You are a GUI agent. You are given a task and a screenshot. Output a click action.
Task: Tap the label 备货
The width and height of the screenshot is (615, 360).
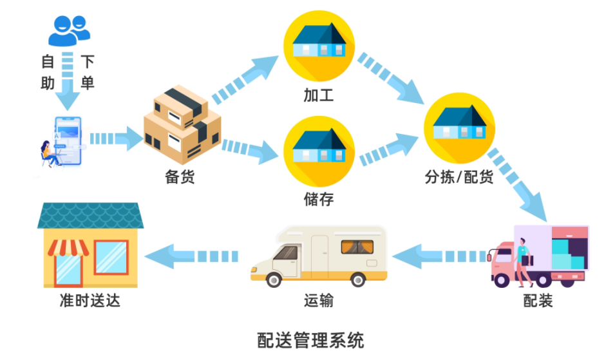(180, 178)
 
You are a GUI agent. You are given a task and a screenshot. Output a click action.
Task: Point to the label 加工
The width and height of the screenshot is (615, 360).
(319, 96)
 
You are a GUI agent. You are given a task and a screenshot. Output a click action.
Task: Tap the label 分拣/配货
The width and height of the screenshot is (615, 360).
(459, 177)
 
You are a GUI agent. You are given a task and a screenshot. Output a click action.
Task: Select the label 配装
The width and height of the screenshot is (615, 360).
(538, 301)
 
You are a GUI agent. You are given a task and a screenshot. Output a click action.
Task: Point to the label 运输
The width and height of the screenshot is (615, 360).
(319, 301)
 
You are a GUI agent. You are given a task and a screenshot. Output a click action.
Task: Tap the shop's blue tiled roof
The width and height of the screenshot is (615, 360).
(90, 216)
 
